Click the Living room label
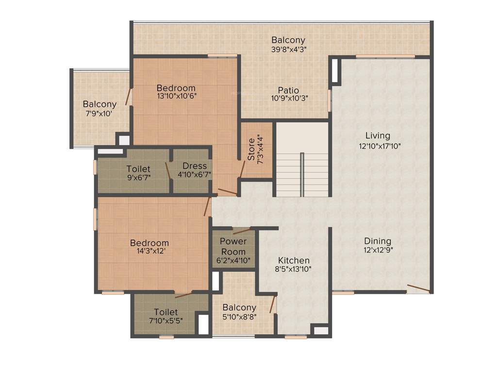click(x=378, y=136)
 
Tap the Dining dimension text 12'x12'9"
click(x=378, y=251)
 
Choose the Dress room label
click(x=195, y=166)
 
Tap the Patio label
click(x=288, y=90)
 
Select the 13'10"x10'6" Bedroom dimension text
click(x=176, y=96)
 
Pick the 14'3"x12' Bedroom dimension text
click(x=149, y=252)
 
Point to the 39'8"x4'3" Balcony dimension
click(x=288, y=49)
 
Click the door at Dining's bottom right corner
click(x=418, y=288)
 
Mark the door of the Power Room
click(x=241, y=230)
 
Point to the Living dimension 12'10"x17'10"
click(x=378, y=145)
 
